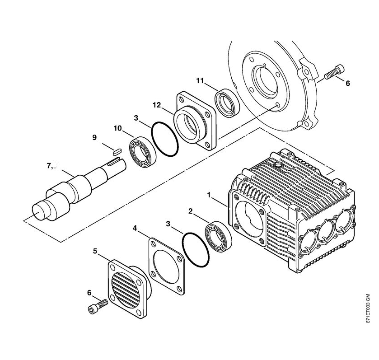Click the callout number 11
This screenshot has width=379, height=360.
[200, 80]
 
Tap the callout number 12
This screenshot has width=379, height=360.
[157, 105]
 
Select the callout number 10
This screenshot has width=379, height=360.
[118, 128]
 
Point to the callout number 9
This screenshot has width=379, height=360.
[94, 137]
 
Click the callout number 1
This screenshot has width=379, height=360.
[209, 195]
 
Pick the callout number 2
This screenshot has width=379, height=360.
[191, 211]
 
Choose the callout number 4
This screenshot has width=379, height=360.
[135, 228]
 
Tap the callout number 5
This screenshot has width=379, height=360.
[95, 251]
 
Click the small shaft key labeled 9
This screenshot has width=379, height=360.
[117, 152]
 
